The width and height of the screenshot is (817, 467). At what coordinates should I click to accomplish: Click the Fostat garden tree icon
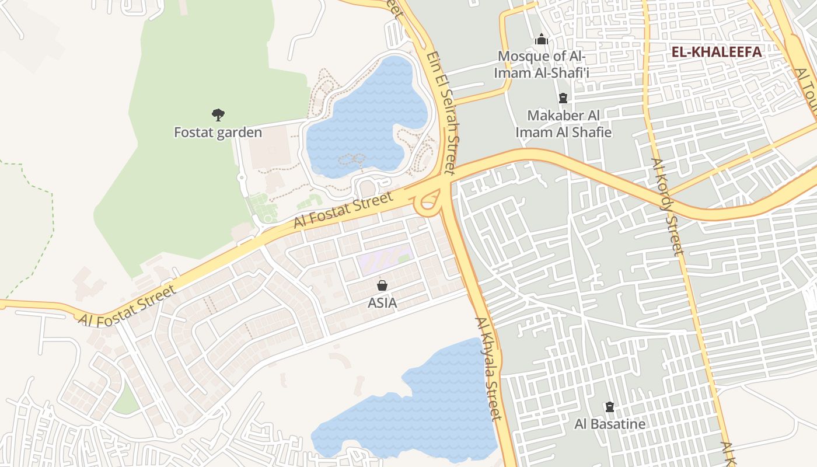218,114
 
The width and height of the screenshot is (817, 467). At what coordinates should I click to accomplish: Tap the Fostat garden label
218,133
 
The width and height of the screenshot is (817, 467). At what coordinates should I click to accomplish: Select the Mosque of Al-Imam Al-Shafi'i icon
542,39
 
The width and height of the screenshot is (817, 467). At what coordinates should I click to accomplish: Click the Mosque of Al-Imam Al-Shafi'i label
540,65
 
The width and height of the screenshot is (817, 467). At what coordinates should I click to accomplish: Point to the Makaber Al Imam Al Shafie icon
563,97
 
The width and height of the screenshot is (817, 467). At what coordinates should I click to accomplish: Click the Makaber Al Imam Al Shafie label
563,124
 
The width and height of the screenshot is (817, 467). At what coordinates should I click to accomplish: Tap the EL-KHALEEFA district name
717,52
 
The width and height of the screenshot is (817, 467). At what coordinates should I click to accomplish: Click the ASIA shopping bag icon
382,285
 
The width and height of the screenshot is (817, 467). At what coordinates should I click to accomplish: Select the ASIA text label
382,303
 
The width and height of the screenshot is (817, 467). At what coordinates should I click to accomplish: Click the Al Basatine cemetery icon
610,406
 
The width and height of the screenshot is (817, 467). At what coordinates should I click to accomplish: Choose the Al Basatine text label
610,424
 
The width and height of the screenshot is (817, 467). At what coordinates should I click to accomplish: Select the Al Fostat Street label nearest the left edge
127,306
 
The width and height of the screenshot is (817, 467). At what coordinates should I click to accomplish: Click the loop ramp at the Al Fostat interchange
428,201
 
